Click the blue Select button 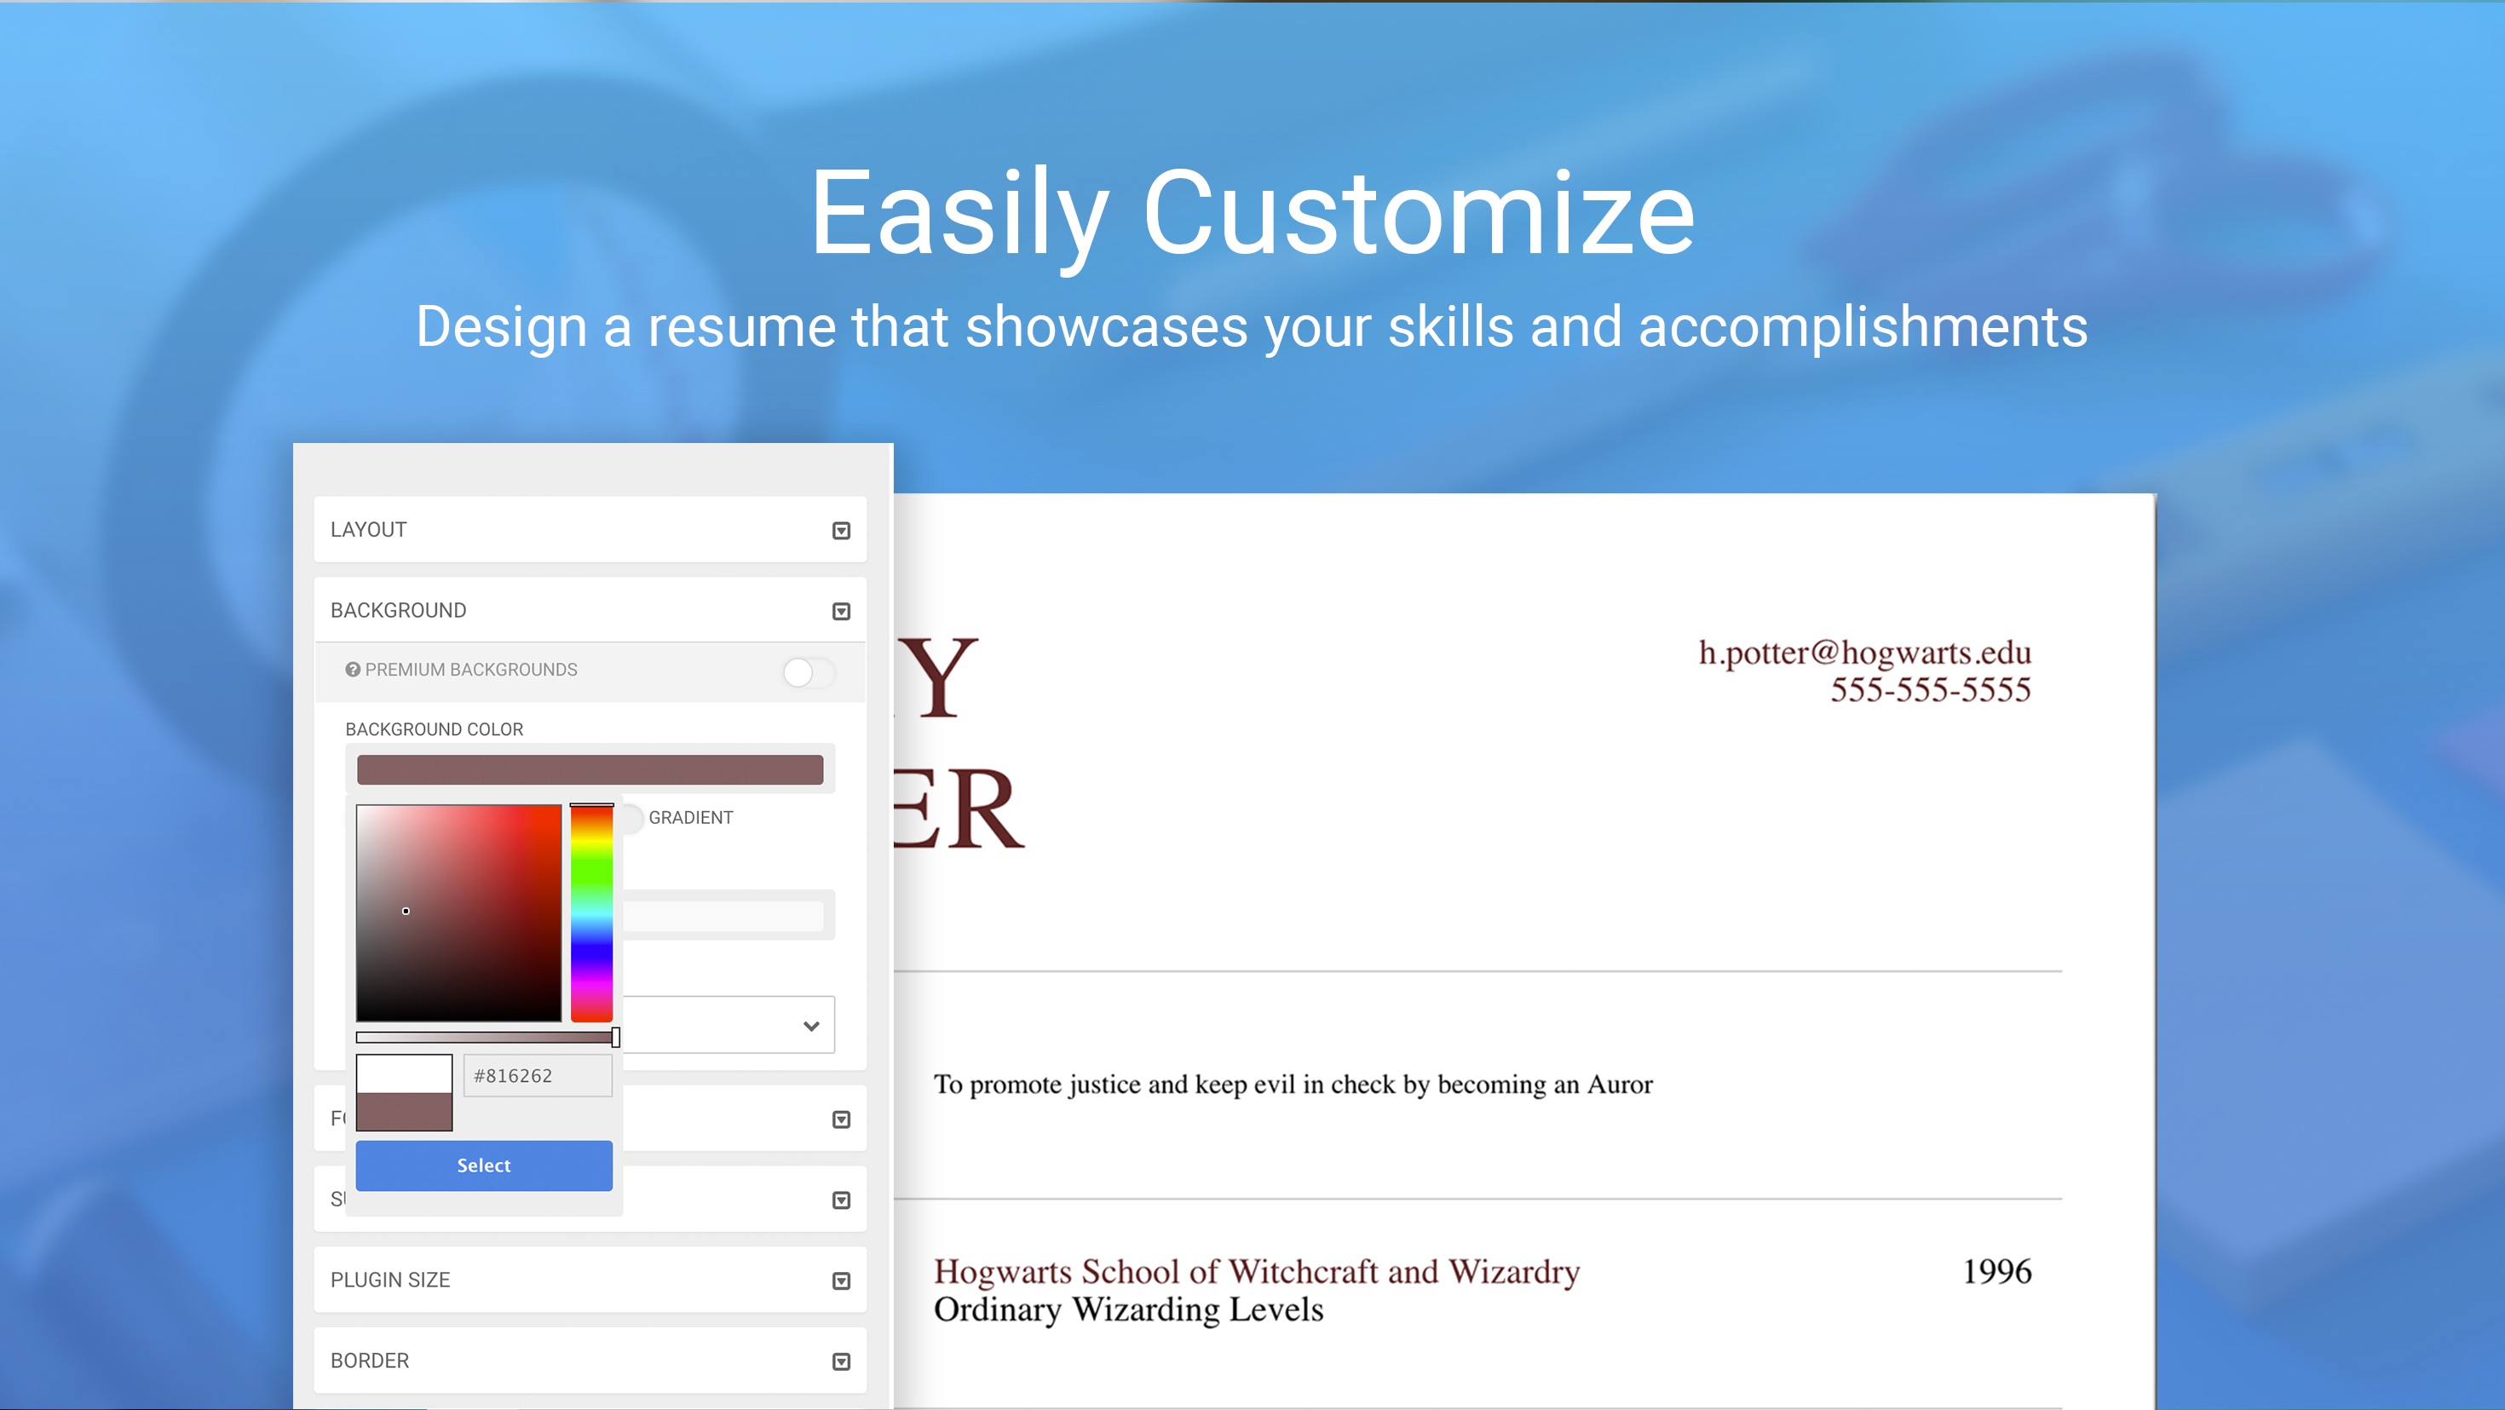[x=483, y=1165]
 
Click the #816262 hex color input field [x=537, y=1075]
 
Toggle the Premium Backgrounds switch [x=807, y=672]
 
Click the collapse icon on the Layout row [x=841, y=531]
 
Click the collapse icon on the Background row [x=841, y=612]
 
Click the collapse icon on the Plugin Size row [x=841, y=1281]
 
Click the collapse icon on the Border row [x=841, y=1362]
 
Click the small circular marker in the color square [x=406, y=911]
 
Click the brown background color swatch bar [x=590, y=770]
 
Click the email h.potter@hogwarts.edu [x=1864, y=653]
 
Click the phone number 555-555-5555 [x=1929, y=690]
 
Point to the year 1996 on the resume [x=1996, y=1272]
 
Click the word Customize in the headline [x=1418, y=214]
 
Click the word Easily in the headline [x=959, y=214]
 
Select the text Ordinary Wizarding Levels [x=1128, y=1309]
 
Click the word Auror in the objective [x=1619, y=1085]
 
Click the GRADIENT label [x=690, y=818]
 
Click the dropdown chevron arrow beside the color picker [x=811, y=1026]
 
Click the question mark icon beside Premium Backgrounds [x=353, y=670]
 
